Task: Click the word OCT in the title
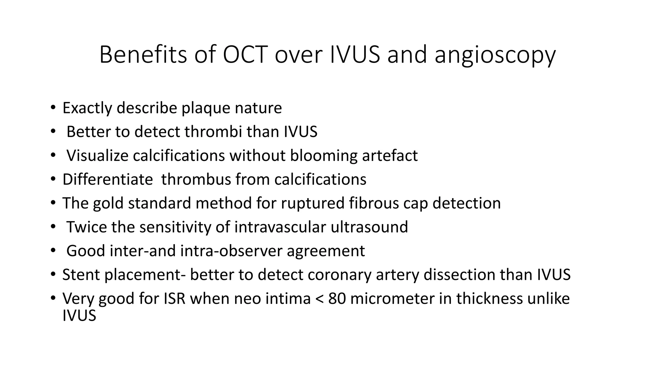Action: coord(245,55)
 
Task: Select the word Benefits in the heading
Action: coord(143,55)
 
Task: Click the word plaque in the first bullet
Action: coord(206,108)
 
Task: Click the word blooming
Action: coord(323,156)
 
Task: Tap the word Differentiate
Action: coord(107,179)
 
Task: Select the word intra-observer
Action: coord(231,251)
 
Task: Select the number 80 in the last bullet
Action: coord(337,299)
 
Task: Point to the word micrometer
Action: coord(392,299)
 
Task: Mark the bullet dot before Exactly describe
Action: coord(53,107)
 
